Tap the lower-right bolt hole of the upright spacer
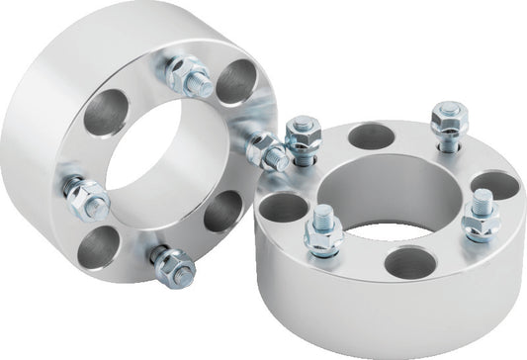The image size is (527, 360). pyautogui.click(x=223, y=210)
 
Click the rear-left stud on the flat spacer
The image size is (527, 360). pyautogui.click(x=300, y=137)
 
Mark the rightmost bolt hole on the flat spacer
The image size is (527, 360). pyautogui.click(x=493, y=186)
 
